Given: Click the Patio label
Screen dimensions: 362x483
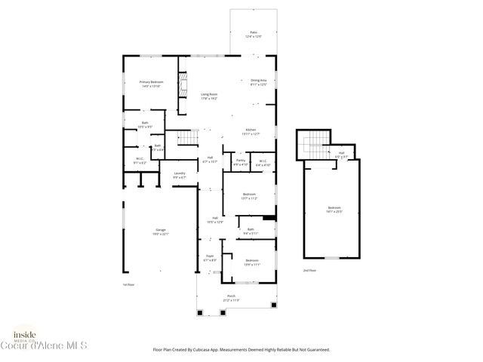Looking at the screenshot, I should click(254, 32).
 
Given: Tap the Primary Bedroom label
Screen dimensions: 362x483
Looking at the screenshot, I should click(151, 82).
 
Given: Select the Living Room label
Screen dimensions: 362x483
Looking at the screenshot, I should click(209, 95).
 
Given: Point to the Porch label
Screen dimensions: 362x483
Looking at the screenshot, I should click(234, 297).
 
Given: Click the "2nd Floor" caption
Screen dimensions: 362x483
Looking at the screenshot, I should click(309, 269).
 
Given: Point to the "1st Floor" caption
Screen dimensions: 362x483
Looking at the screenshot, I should click(128, 284).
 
